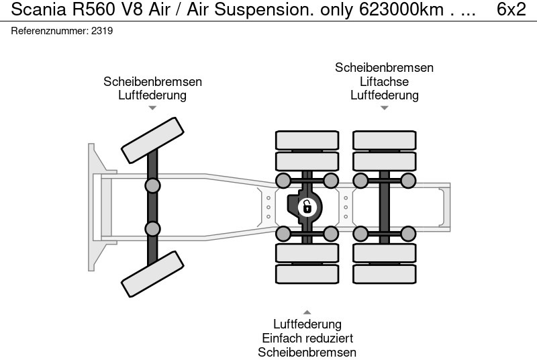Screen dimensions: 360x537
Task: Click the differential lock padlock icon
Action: click(x=307, y=206)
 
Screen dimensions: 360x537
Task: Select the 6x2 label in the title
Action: click(x=511, y=10)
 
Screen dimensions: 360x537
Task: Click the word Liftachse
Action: click(x=384, y=81)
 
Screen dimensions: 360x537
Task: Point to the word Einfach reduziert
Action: click(x=307, y=339)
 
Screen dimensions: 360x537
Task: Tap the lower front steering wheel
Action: click(x=152, y=274)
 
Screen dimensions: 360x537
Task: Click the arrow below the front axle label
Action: click(x=152, y=107)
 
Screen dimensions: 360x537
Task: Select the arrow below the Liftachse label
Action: click(x=384, y=107)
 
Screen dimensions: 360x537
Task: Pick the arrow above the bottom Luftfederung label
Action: click(x=307, y=312)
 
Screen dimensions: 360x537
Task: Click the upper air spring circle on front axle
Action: click(x=153, y=186)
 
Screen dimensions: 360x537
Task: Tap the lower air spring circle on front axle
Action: click(x=153, y=228)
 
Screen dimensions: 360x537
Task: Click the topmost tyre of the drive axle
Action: click(x=307, y=140)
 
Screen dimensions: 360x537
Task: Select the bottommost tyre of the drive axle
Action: click(x=307, y=274)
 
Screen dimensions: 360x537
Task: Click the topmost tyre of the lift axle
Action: click(x=384, y=140)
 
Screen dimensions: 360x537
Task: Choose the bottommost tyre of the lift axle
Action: click(x=384, y=274)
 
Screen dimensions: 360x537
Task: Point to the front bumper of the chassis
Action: click(x=97, y=207)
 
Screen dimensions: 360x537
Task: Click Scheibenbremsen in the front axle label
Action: click(x=152, y=81)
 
